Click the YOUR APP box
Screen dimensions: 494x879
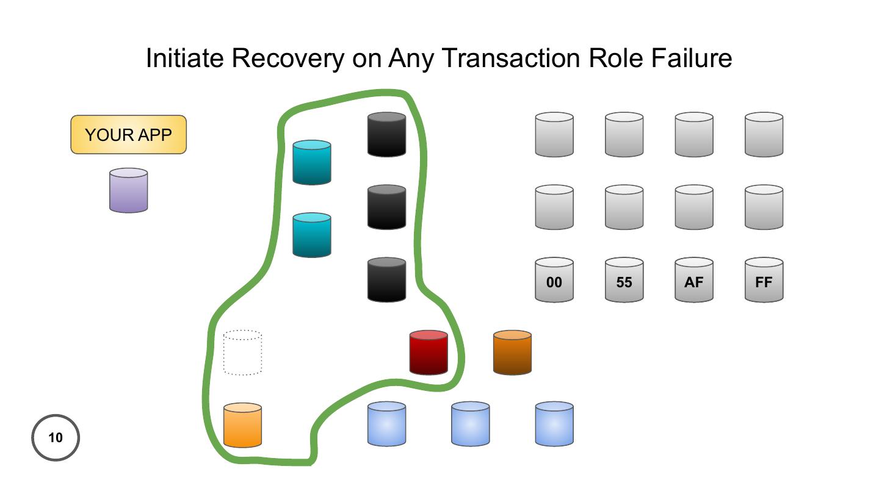point(128,135)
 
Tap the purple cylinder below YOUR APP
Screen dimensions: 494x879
point(128,191)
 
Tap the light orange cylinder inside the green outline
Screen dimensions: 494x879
point(242,425)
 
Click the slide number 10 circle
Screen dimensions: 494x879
point(56,437)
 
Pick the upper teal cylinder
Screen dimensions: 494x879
point(312,162)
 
